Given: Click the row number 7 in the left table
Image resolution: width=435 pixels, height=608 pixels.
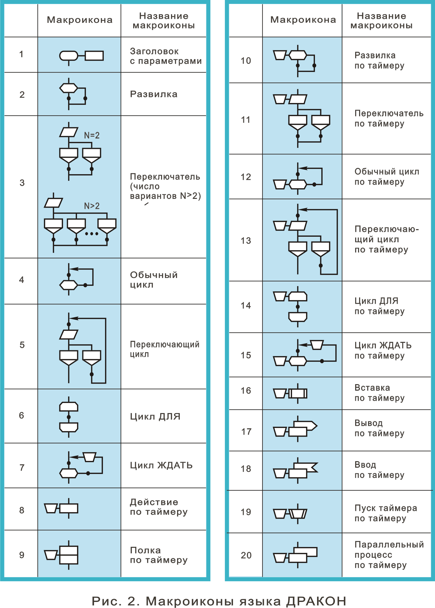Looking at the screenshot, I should point(22,468).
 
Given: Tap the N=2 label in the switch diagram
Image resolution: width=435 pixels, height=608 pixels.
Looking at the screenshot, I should point(92,135).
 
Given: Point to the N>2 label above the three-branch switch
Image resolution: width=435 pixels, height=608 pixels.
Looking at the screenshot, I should point(92,206).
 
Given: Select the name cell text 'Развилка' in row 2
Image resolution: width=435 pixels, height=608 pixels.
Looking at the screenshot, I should point(153,94).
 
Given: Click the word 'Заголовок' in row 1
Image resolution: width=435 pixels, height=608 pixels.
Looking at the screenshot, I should point(154,51).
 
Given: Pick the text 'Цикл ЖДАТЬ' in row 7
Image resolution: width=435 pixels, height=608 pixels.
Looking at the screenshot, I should point(161,465).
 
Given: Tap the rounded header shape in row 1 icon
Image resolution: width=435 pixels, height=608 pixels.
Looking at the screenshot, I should point(69,56).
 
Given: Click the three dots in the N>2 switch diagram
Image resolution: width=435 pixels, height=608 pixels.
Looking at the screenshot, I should point(91,234).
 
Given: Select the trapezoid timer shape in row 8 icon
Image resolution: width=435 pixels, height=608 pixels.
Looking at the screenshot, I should point(51,508).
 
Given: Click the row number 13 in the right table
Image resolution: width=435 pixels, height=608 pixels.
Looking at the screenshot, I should point(246,241).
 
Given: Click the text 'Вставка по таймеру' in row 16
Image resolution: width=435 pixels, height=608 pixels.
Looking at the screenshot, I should point(379,393).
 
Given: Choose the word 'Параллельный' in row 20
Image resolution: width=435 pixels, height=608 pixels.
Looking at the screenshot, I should point(389,544).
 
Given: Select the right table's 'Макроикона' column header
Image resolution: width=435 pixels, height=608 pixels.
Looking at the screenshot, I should point(303,20).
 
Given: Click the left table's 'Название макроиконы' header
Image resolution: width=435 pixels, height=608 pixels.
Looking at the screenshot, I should point(164,21).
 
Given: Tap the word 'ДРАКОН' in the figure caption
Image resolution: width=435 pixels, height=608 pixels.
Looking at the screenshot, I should point(316,601).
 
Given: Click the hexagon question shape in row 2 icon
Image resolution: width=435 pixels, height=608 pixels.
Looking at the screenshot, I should point(69,88).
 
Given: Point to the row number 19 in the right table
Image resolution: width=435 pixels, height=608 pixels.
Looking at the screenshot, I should point(246,512).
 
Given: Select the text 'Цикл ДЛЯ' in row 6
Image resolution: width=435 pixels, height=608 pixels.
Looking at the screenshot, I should point(155,416).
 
